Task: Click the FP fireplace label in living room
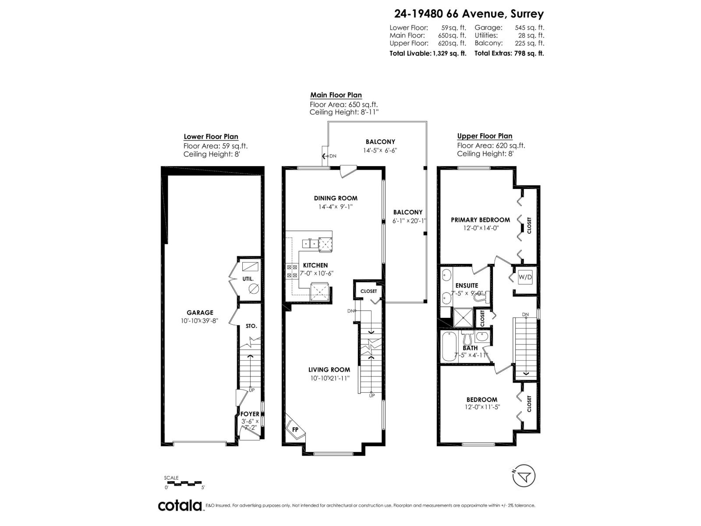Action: [x=295, y=430]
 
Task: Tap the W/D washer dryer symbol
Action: [x=525, y=277]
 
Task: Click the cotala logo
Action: [x=180, y=505]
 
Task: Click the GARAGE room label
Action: [x=200, y=313]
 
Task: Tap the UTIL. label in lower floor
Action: [x=248, y=279]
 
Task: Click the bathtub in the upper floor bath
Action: [x=449, y=347]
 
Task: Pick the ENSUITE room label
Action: [x=467, y=285]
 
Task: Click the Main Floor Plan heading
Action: [x=336, y=95]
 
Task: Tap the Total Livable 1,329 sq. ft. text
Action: [x=428, y=53]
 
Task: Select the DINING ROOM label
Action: [x=336, y=198]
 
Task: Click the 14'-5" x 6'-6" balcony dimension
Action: [x=380, y=150]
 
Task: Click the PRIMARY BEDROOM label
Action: [x=480, y=220]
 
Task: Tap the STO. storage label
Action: [x=251, y=326]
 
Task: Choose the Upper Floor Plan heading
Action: [x=485, y=136]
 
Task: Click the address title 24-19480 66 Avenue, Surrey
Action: [x=469, y=14]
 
